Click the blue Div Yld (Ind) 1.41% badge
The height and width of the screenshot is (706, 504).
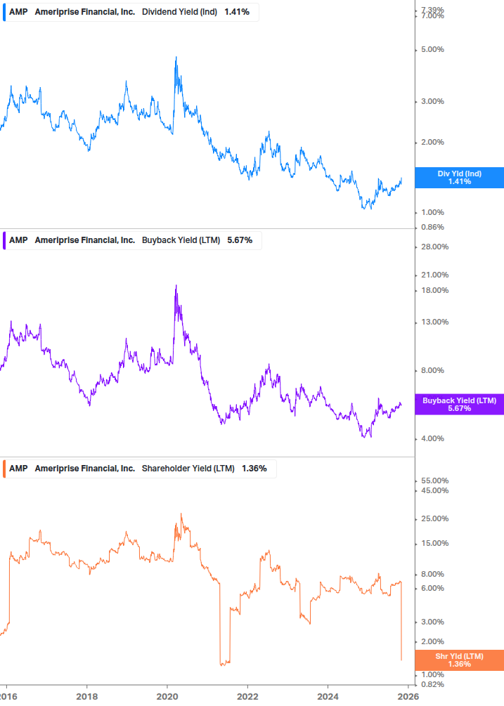click(459, 177)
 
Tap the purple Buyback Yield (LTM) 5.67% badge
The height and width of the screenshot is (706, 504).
click(459, 404)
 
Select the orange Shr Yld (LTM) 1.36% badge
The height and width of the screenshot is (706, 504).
click(459, 660)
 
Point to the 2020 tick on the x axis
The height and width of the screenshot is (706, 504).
click(167, 696)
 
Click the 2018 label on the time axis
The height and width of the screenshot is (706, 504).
click(86, 696)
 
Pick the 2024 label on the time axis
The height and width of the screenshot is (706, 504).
click(328, 696)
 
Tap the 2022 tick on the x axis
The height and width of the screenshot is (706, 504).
click(247, 696)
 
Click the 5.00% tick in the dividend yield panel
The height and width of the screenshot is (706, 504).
click(432, 50)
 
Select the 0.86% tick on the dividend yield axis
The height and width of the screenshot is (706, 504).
click(432, 228)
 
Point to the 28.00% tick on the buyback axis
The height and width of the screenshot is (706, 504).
click(434, 247)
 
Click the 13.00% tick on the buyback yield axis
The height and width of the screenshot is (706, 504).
click(434, 322)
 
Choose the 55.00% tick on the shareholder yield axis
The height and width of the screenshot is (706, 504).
click(434, 481)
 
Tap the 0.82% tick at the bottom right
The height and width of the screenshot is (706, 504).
click(432, 685)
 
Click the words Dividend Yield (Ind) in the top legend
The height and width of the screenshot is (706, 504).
click(180, 12)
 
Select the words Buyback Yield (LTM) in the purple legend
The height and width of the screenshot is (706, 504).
click(181, 240)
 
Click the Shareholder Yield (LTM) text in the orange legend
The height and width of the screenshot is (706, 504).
click(188, 469)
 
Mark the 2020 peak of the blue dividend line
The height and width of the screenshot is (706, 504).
click(175, 58)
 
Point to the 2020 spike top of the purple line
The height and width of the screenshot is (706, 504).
click(176, 285)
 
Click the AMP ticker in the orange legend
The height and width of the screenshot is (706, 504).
click(18, 469)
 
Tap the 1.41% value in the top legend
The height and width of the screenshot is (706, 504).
click(237, 12)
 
